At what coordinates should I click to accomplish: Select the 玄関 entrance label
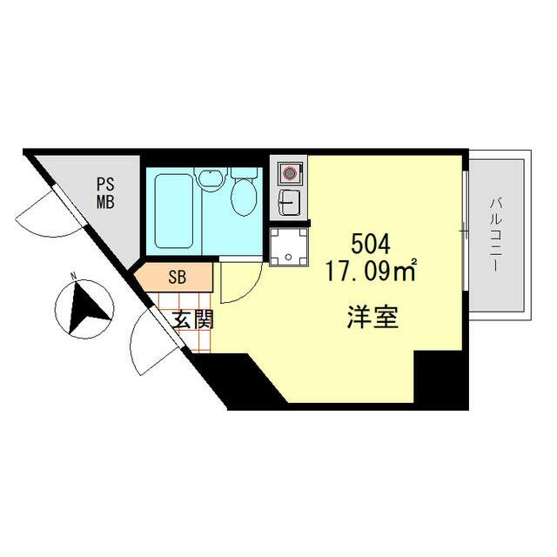coord(191,319)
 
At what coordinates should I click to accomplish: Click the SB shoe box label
coord(177,278)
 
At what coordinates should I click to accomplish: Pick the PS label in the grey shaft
coord(105,185)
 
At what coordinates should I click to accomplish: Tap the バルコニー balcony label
coord(496,235)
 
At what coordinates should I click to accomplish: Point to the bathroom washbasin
coord(210,179)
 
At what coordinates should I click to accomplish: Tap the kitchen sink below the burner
coord(288,204)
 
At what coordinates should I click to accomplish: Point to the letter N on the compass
coord(75,278)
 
